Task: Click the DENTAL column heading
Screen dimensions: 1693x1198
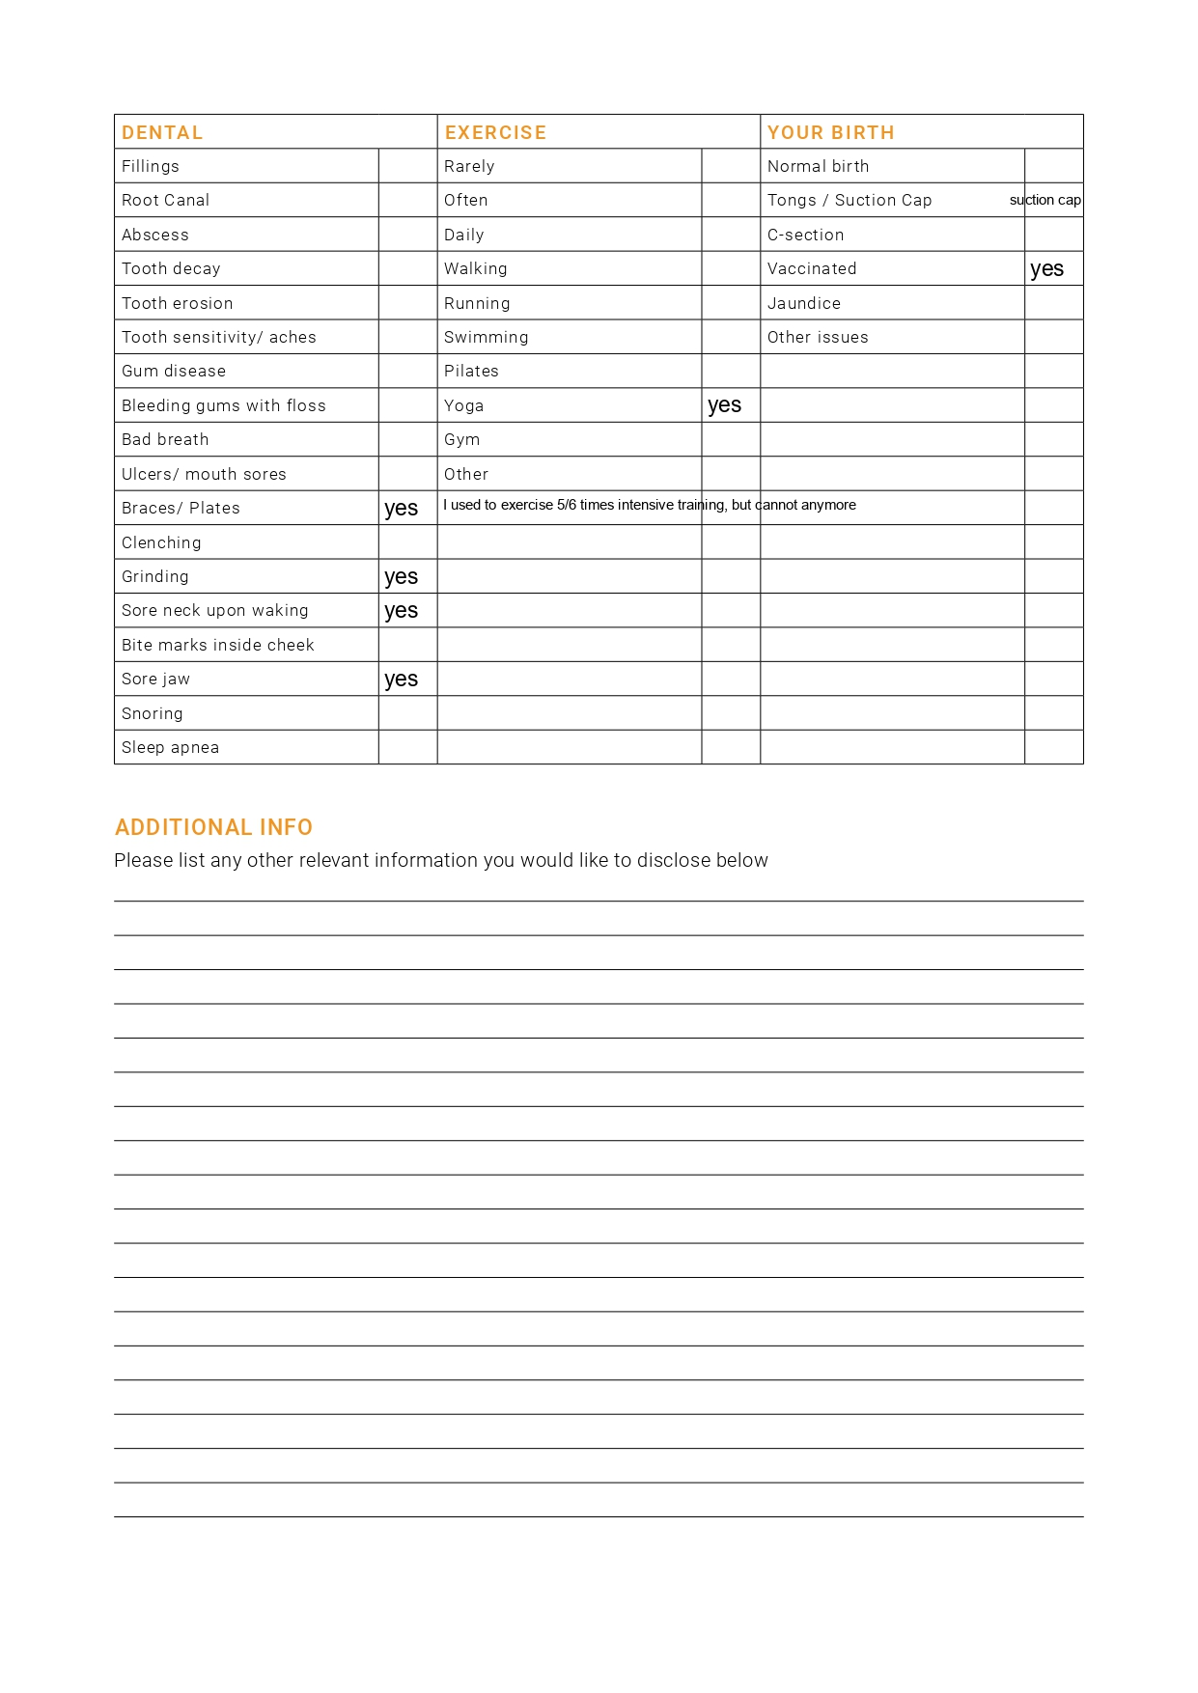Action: click(x=162, y=132)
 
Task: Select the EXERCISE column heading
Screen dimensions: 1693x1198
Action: click(x=495, y=132)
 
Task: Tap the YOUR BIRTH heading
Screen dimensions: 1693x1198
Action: click(x=830, y=132)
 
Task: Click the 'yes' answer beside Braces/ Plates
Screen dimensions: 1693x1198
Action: click(x=401, y=509)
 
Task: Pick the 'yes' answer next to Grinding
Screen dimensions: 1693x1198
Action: click(x=401, y=577)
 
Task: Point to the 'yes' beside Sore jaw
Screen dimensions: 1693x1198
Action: click(x=401, y=680)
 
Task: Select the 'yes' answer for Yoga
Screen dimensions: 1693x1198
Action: click(x=724, y=405)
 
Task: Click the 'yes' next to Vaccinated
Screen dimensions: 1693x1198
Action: click(x=1046, y=269)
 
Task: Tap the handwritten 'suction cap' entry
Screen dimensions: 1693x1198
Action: click(x=1045, y=200)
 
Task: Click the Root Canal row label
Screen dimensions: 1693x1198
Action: click(x=165, y=200)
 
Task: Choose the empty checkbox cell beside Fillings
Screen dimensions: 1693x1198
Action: click(x=407, y=166)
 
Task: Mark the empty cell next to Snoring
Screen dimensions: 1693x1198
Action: click(x=407, y=713)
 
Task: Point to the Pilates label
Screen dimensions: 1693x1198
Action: click(x=471, y=371)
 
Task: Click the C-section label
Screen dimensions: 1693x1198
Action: click(x=805, y=235)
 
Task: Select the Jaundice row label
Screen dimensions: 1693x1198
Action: click(x=803, y=303)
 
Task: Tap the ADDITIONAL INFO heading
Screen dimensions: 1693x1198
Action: click(x=213, y=827)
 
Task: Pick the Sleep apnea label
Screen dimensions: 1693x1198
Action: click(x=170, y=747)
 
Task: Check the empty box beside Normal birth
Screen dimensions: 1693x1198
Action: click(x=1053, y=166)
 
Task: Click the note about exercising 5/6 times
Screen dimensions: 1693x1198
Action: click(x=649, y=505)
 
